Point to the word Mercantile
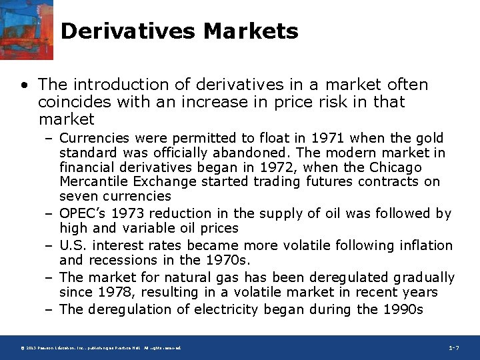pos(90,181)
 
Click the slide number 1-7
pos(453,348)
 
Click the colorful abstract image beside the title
pos(27,29)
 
